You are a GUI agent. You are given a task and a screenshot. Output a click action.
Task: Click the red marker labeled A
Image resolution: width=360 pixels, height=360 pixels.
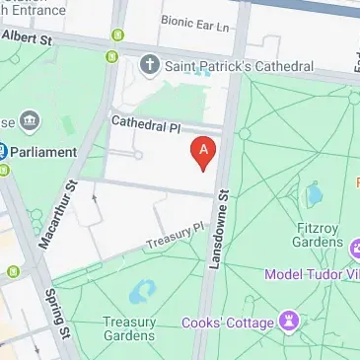point(202,151)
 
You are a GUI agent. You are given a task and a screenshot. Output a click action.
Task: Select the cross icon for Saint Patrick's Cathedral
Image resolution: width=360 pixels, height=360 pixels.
point(150,66)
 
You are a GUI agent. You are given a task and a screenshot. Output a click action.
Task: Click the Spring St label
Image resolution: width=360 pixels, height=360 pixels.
point(55,311)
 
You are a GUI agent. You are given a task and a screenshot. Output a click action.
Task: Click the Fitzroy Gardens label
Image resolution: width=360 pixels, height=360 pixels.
point(314,234)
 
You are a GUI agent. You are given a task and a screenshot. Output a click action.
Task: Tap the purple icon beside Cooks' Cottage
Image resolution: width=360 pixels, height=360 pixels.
point(289,320)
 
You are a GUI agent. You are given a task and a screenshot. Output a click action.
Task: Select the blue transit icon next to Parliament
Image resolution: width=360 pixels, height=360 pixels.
point(3,152)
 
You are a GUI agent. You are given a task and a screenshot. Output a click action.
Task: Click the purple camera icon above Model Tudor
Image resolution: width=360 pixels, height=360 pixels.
point(353,246)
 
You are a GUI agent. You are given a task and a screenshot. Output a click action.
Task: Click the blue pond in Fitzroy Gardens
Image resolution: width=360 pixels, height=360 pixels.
point(314,193)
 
